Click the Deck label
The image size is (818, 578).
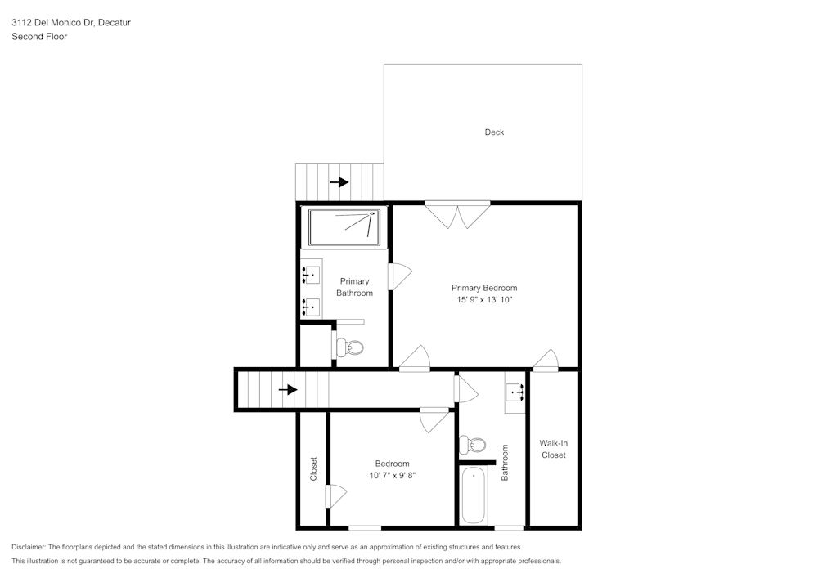(x=494, y=132)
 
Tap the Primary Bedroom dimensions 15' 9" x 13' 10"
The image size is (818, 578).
(x=484, y=300)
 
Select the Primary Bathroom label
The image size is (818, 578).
(x=354, y=287)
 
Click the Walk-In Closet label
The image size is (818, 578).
(x=553, y=449)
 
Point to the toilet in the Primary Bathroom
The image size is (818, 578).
(x=351, y=347)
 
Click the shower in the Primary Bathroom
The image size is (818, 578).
(x=344, y=226)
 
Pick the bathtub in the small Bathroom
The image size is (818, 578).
(x=474, y=495)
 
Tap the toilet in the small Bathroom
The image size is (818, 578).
(x=472, y=446)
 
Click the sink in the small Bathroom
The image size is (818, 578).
(x=515, y=392)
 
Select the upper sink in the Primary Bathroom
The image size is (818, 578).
(x=311, y=274)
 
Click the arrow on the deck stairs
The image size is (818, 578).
(x=339, y=181)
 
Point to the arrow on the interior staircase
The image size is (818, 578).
(x=288, y=390)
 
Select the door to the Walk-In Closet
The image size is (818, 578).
(x=546, y=360)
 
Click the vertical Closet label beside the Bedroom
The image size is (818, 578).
(x=313, y=468)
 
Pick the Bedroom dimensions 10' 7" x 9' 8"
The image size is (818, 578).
(x=392, y=475)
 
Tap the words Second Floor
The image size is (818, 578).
(x=39, y=37)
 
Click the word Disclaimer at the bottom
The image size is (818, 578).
(x=29, y=547)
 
